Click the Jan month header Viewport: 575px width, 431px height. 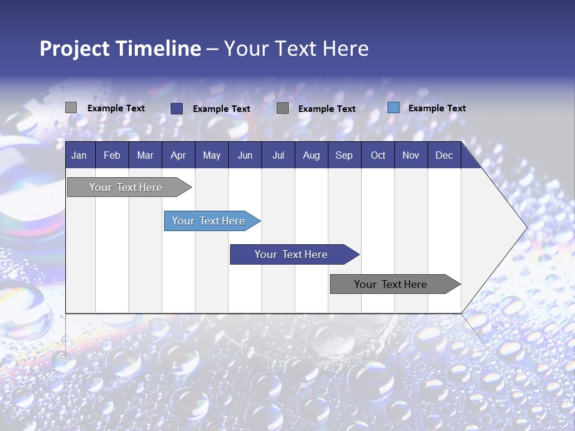point(79,155)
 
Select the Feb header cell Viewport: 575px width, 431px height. point(112,155)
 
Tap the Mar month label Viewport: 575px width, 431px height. point(145,155)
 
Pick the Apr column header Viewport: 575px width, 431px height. point(178,155)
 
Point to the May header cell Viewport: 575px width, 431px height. point(211,155)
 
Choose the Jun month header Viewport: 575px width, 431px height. point(245,155)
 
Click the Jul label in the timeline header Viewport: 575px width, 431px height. point(278,155)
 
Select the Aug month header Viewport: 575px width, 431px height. point(311,155)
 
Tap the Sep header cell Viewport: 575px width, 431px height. point(344,155)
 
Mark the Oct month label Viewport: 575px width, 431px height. point(378,155)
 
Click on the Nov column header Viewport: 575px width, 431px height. point(411,155)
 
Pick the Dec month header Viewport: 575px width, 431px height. point(444,155)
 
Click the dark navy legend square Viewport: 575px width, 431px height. point(177,108)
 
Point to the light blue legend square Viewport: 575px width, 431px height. point(394,108)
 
